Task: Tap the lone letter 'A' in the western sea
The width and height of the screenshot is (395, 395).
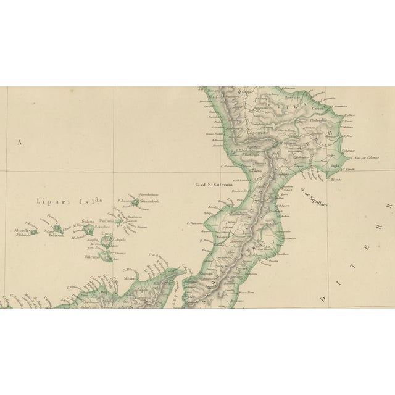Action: click(x=19, y=143)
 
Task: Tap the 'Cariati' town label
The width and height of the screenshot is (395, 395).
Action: click(x=317, y=108)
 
